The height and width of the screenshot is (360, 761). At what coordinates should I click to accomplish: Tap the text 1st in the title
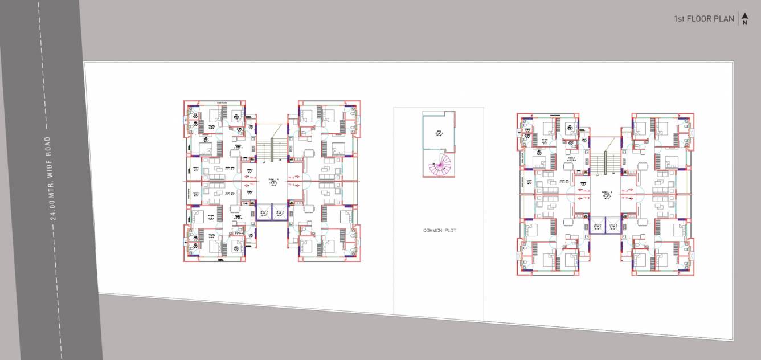point(679,19)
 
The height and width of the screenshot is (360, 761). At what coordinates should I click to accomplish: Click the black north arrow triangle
point(744,15)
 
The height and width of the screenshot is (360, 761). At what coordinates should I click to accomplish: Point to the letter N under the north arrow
point(744,23)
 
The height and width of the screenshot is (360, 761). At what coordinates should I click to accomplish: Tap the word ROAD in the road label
point(48,145)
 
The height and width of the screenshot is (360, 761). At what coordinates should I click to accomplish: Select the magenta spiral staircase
point(437,166)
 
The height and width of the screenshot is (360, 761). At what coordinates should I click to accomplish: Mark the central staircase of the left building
point(271,148)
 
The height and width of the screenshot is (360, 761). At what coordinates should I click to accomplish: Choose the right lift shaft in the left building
point(280,212)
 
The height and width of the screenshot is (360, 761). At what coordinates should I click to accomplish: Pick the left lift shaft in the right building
point(596,227)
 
